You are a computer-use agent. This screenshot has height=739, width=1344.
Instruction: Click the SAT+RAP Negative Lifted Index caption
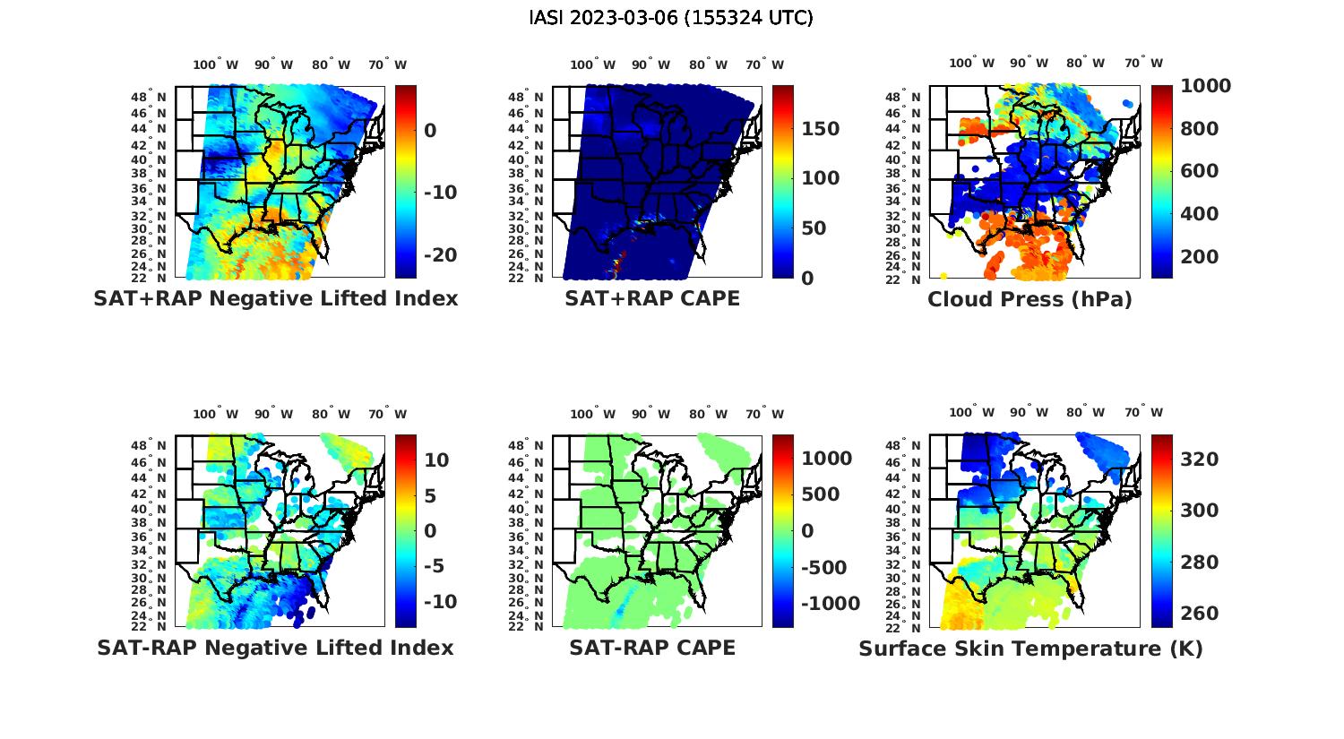tap(276, 298)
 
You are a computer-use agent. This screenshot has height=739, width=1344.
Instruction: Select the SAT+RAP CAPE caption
tap(652, 298)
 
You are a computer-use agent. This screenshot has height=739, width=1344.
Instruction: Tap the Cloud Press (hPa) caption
tap(1030, 299)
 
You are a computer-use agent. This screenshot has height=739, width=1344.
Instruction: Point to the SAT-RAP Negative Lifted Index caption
tap(276, 648)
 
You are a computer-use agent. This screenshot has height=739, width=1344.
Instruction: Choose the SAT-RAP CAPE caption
tap(652, 648)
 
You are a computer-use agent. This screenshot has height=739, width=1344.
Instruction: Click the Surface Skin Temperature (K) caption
tap(1030, 649)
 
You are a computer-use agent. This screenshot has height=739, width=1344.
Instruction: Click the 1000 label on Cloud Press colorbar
tap(1205, 86)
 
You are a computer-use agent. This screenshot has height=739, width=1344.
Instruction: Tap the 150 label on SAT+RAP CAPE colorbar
tap(820, 129)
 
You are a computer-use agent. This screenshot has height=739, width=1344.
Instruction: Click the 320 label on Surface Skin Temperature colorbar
tap(1199, 460)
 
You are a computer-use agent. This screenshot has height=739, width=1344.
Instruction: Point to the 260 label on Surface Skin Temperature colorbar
tap(1199, 614)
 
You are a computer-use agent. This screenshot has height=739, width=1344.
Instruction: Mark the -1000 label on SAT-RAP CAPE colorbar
tap(831, 604)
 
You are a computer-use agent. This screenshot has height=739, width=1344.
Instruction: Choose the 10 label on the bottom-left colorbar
tap(436, 460)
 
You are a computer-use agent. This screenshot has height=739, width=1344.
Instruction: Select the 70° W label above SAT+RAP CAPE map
tap(764, 64)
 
